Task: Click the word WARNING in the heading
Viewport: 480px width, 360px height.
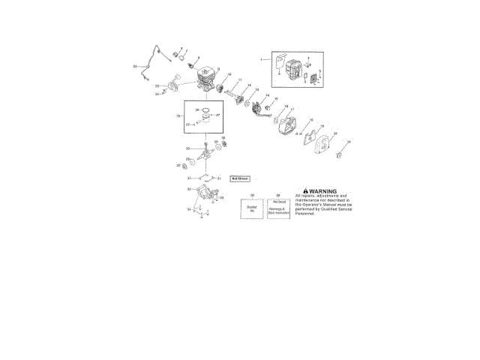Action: (323, 191)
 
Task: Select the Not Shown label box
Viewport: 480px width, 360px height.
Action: (239, 179)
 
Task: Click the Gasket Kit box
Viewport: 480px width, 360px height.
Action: (252, 209)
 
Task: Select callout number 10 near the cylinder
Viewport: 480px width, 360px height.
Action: (229, 76)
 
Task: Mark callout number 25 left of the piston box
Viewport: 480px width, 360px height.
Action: (177, 117)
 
